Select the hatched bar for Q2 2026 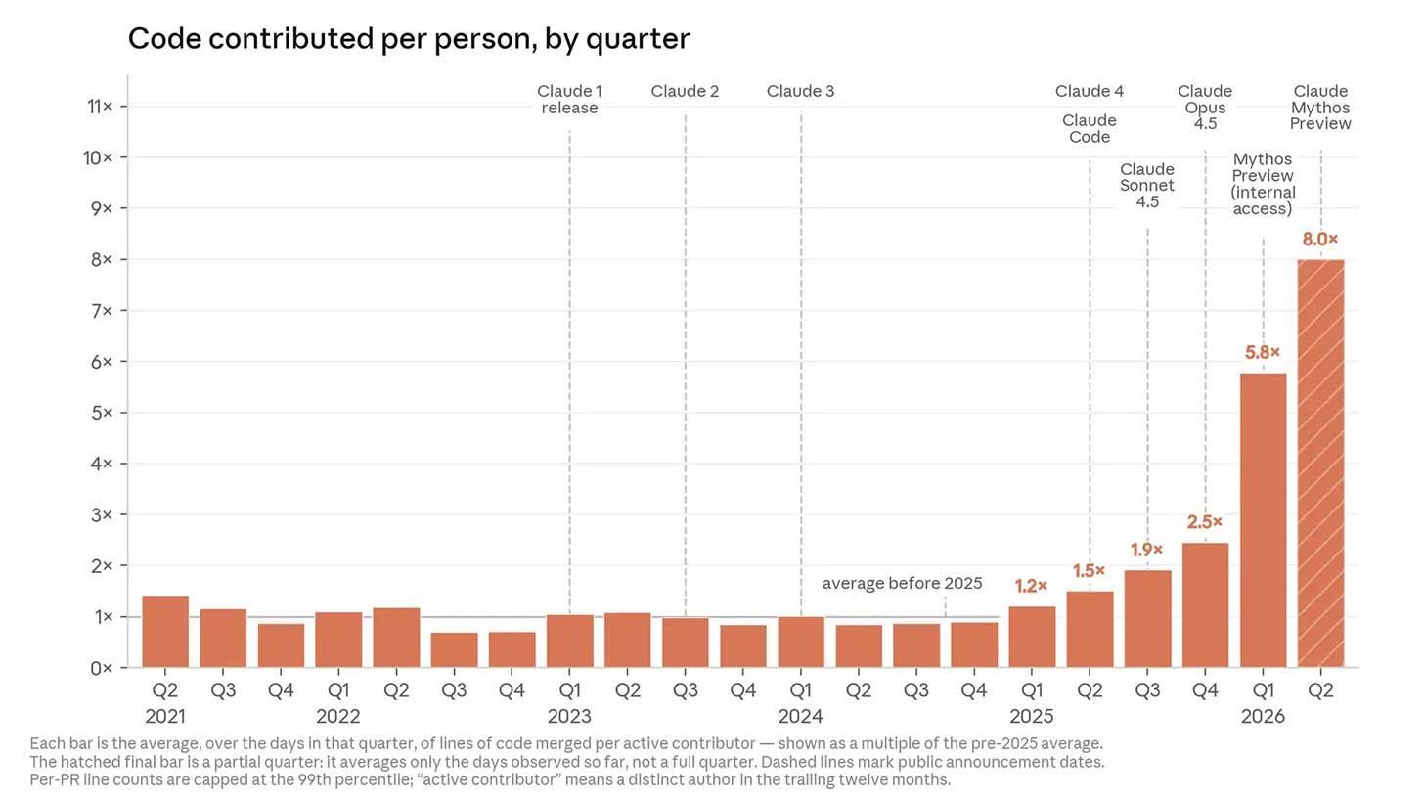[x=1320, y=463]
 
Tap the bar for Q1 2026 [x=1264, y=519]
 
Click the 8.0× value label [x=1320, y=239]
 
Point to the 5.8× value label [x=1263, y=352]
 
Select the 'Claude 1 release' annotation [x=569, y=99]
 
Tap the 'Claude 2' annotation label [x=685, y=92]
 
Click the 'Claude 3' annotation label [x=800, y=92]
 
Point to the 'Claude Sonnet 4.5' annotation [x=1147, y=186]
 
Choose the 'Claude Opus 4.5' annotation [x=1205, y=108]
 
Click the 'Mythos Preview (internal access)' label [x=1263, y=184]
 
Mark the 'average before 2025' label [x=902, y=583]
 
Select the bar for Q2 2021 [x=165, y=632]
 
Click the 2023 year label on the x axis [x=569, y=716]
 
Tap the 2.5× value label [x=1205, y=522]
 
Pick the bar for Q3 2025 [x=1147, y=619]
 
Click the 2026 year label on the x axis [x=1264, y=716]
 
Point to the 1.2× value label [x=1031, y=586]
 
